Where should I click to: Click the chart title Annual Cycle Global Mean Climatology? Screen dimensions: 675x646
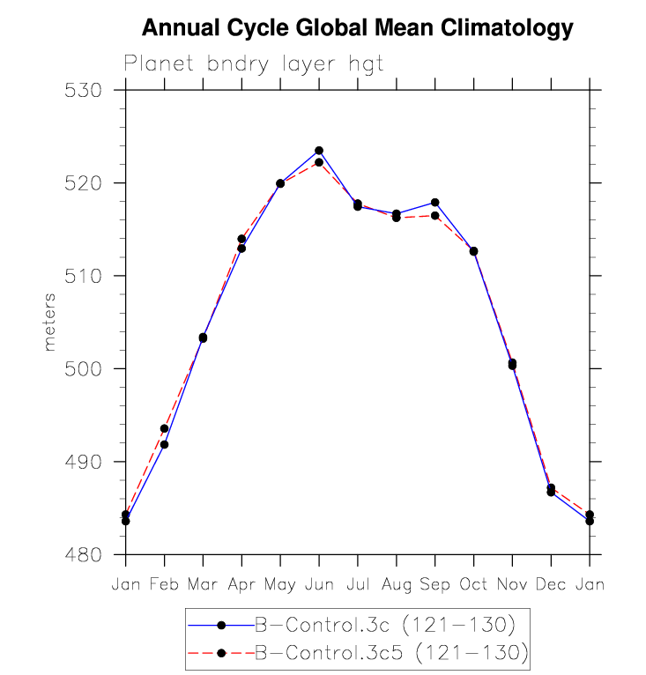pos(357,29)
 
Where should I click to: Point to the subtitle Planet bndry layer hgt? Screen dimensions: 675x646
pos(254,64)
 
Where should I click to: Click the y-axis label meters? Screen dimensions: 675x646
pos(50,322)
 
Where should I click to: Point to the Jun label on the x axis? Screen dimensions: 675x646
pos(319,583)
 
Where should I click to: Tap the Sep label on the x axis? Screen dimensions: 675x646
pos(434,583)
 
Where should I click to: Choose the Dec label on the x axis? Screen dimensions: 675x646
pos(551,583)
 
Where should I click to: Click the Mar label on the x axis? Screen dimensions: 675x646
pos(203,583)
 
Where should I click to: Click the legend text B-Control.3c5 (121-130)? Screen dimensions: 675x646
pos(390,653)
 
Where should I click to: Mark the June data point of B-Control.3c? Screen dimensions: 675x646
pos(319,151)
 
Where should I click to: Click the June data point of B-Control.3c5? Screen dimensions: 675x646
pos(319,162)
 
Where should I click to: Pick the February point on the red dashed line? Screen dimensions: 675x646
pos(164,428)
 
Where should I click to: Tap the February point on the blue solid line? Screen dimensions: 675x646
pos(164,444)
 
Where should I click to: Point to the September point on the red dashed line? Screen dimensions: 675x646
pos(434,215)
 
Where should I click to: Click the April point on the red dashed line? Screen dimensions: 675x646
pos(241,239)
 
